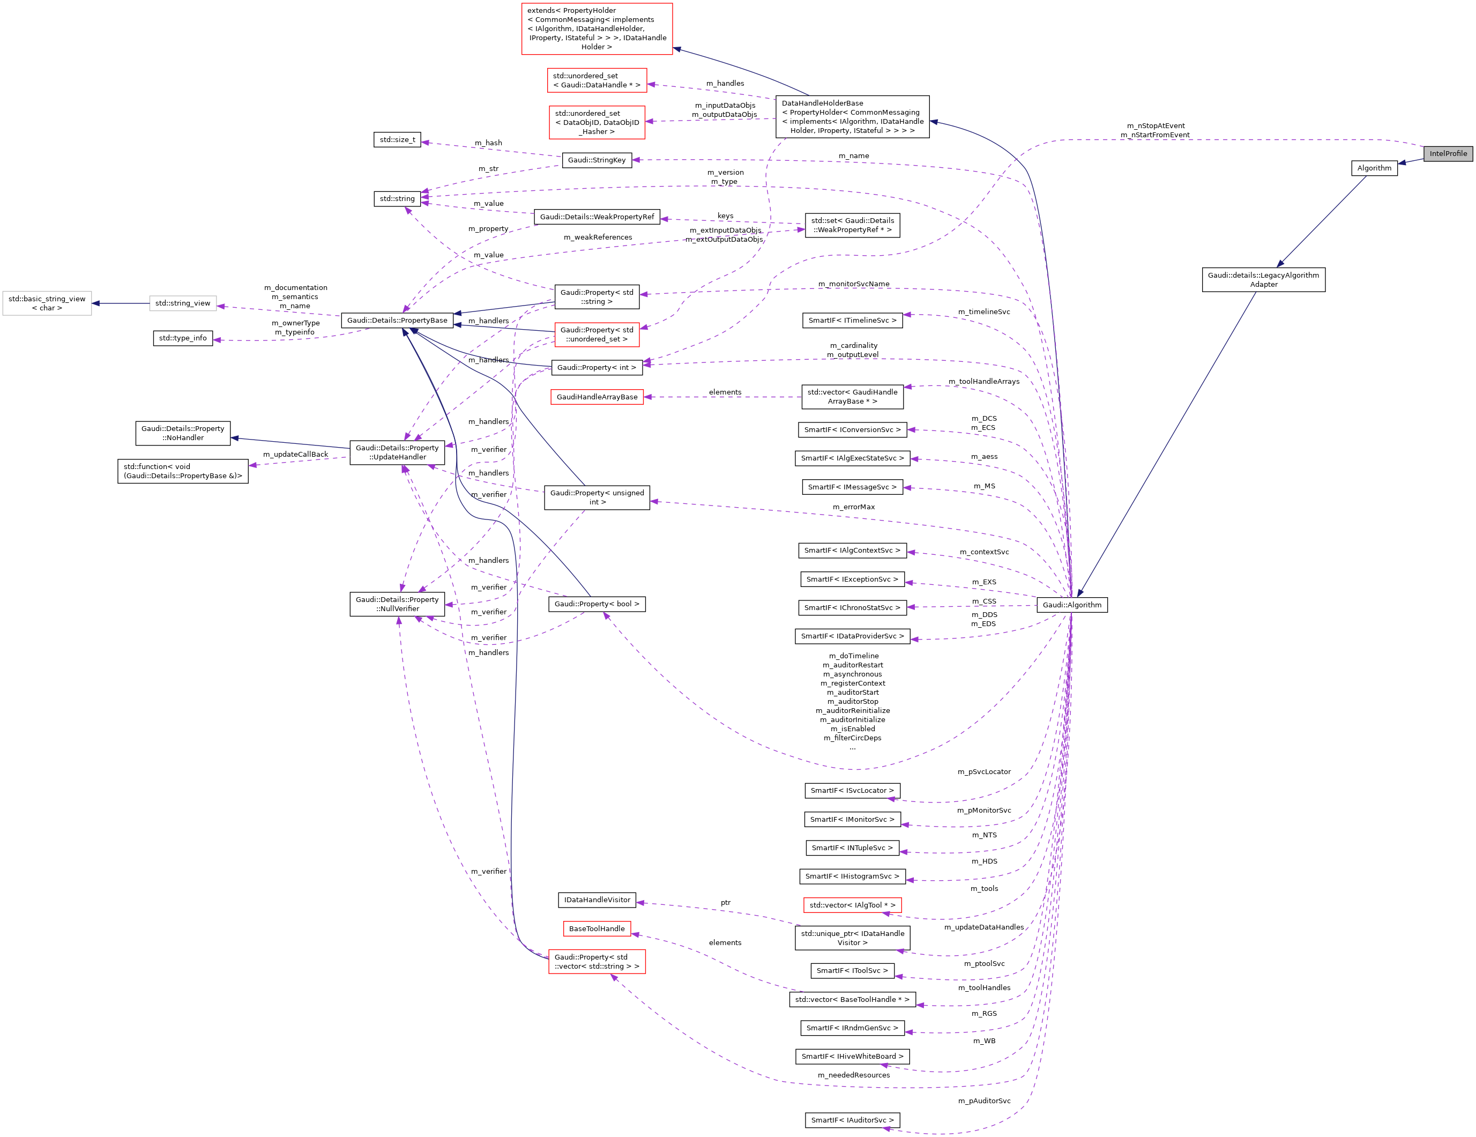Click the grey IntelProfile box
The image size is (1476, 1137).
(x=1448, y=153)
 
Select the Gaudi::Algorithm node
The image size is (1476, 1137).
(x=1072, y=605)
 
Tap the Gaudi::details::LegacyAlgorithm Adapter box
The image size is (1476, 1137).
(x=1263, y=280)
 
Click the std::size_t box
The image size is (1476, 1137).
(x=397, y=140)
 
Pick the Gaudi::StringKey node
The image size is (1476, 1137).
(x=597, y=160)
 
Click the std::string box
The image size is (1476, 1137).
(x=397, y=199)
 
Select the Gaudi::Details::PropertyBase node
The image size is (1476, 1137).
(x=397, y=321)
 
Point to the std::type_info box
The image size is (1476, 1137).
(x=183, y=338)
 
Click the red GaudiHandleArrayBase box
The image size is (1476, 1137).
(x=597, y=397)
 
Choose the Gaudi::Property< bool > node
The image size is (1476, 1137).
(x=597, y=604)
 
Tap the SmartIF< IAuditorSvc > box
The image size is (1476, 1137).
(x=852, y=1120)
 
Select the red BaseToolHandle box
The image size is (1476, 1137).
(x=597, y=929)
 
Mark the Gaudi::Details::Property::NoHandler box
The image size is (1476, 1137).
(x=183, y=433)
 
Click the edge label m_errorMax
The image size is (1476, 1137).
(x=854, y=507)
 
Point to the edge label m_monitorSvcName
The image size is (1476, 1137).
(x=854, y=284)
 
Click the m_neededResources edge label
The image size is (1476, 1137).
(x=854, y=1075)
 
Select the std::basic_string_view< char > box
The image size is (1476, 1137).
(x=47, y=303)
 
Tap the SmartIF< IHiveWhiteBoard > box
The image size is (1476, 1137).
(x=852, y=1057)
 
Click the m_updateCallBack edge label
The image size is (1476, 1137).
(x=295, y=454)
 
